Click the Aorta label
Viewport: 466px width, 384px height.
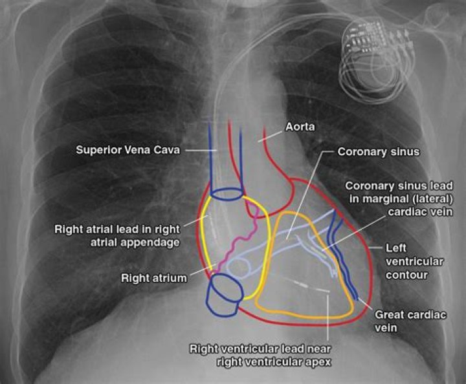tap(300, 127)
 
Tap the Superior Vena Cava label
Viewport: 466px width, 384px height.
tap(128, 150)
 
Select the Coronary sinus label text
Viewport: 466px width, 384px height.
tap(379, 152)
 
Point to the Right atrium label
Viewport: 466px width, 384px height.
tap(154, 278)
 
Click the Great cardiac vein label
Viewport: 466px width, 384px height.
tap(410, 321)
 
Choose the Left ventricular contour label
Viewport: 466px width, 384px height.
tap(415, 261)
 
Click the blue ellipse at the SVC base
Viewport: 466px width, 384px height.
tap(227, 194)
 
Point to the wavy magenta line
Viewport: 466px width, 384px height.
tap(237, 238)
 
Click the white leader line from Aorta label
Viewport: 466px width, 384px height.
tap(270, 136)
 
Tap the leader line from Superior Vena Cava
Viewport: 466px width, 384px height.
tap(201, 151)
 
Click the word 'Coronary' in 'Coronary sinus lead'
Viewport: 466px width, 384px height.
tap(368, 186)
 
